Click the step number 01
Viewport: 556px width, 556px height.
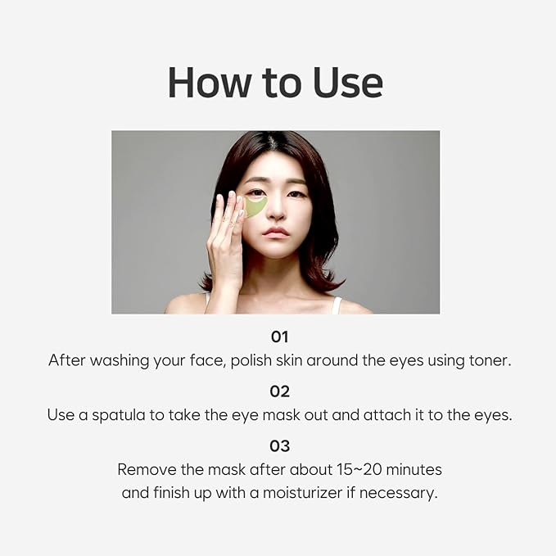[279, 336]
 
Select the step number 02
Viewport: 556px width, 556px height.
[279, 391]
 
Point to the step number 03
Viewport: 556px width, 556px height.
[279, 445]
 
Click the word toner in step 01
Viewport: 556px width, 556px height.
[490, 360]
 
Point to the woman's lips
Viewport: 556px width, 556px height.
[276, 232]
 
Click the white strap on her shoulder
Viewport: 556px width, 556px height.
[337, 305]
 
